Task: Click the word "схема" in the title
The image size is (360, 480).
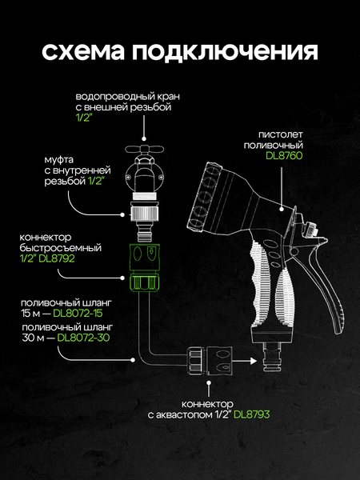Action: click(x=83, y=52)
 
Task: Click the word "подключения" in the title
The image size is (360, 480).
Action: click(x=225, y=53)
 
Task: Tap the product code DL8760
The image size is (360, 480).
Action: click(x=284, y=155)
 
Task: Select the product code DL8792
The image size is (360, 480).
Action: click(x=57, y=258)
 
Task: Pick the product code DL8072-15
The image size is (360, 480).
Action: click(x=78, y=313)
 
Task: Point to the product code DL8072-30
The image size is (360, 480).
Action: click(x=83, y=338)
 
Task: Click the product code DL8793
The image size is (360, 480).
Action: click(x=252, y=414)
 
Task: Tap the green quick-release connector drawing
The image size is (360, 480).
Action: click(x=143, y=266)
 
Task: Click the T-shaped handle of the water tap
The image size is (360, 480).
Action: click(x=145, y=150)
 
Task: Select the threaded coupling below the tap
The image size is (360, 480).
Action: click(x=144, y=214)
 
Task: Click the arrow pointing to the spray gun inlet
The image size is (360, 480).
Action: click(x=245, y=361)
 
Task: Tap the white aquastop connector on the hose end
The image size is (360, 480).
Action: click(x=210, y=361)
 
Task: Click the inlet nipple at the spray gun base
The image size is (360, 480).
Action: click(x=272, y=357)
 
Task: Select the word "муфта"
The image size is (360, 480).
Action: click(x=59, y=160)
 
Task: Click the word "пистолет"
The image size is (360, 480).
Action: click(x=281, y=134)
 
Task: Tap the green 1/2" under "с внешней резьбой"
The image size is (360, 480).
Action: click(x=84, y=118)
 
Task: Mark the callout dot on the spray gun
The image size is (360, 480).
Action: click(x=282, y=209)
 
